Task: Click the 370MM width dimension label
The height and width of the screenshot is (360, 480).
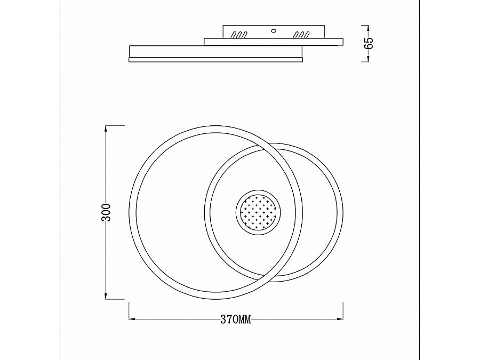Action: (235, 320)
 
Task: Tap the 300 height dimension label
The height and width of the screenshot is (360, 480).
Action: (106, 212)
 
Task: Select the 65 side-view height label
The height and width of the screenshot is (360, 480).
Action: (369, 43)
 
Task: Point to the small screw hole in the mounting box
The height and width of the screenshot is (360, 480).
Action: (273, 30)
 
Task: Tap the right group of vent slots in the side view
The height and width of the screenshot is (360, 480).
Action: (302, 36)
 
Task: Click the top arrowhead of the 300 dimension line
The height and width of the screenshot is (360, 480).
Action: (106, 128)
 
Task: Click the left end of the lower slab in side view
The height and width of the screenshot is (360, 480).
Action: (130, 53)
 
